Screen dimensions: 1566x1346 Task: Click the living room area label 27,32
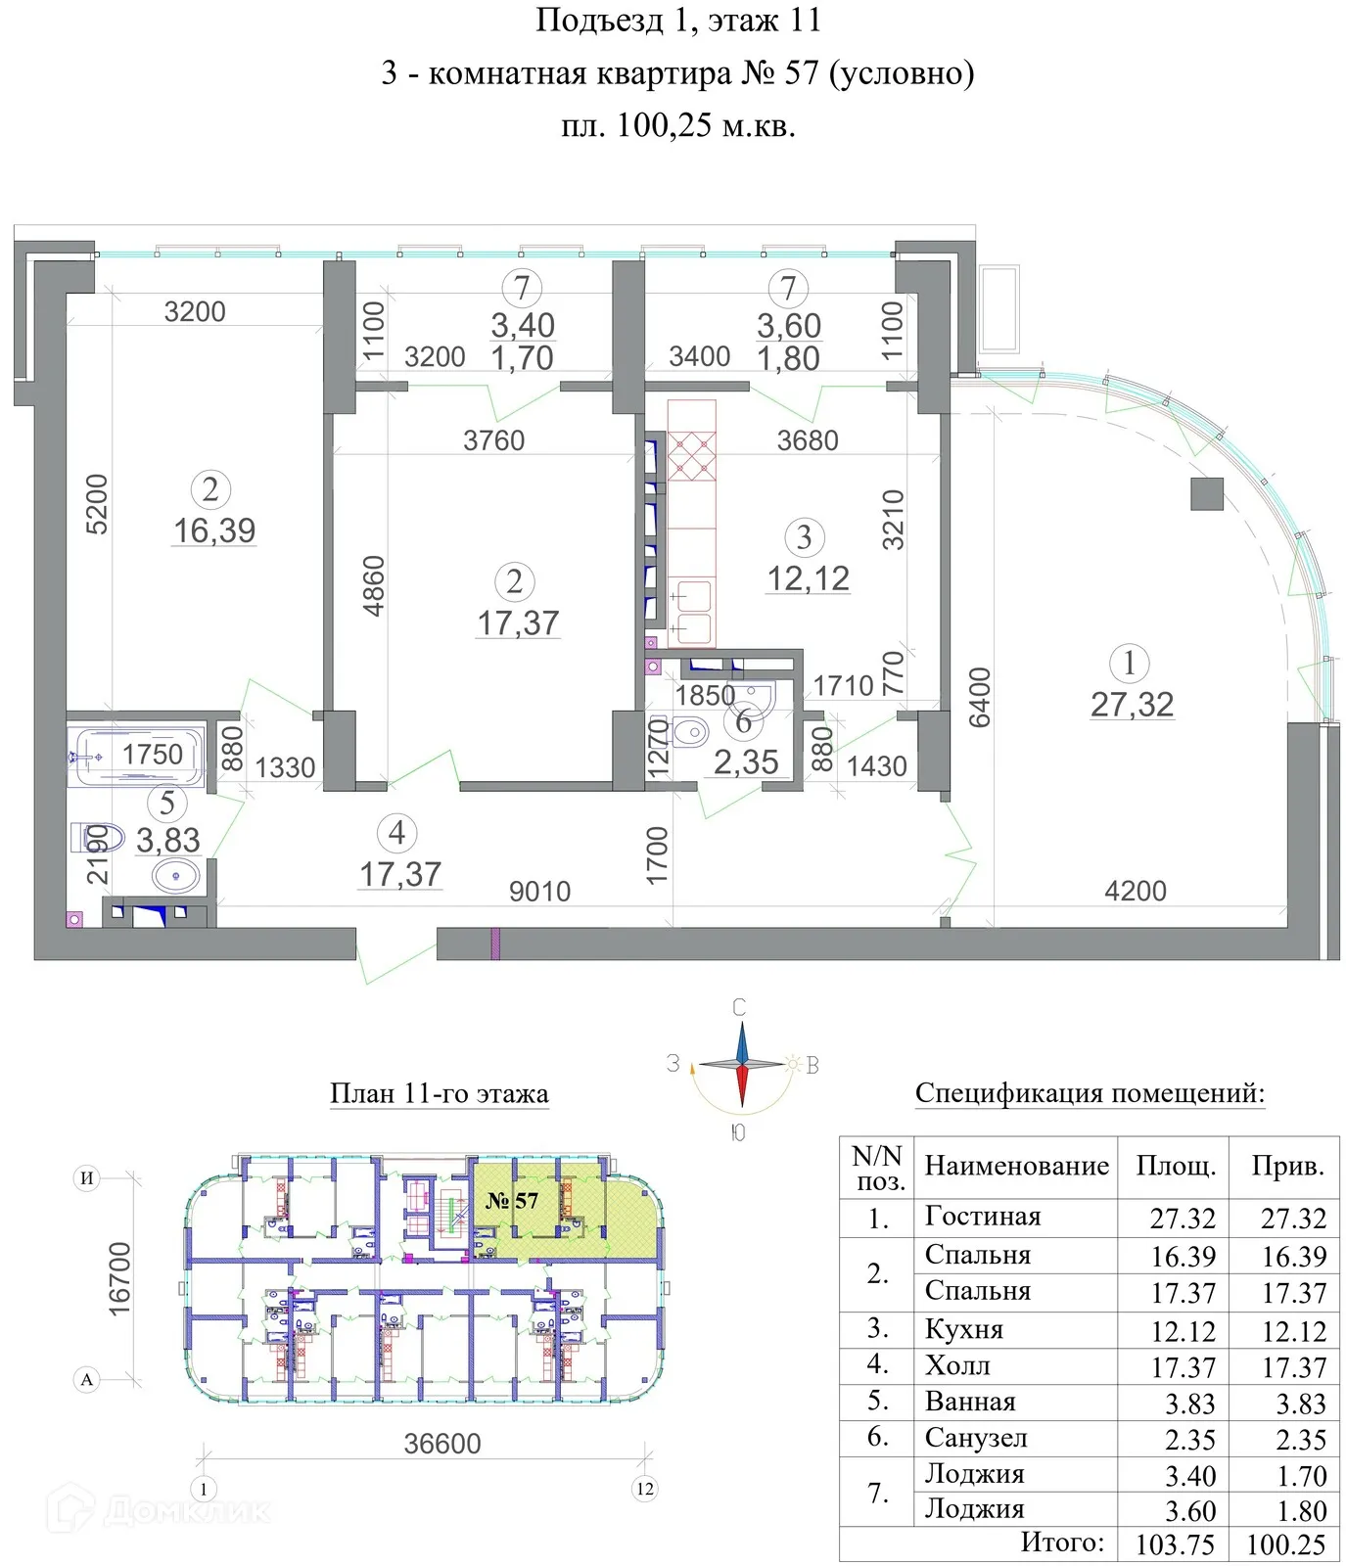1132,705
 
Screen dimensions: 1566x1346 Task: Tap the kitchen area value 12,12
808,578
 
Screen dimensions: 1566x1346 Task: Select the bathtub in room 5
136,756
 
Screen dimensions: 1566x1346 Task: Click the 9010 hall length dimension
539,892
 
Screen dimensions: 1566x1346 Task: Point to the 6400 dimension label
979,697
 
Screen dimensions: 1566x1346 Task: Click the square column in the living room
1206,493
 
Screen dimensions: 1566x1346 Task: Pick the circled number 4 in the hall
396,833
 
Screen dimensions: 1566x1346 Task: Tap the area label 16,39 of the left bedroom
214,530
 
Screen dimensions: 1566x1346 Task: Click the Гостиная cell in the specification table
982,1217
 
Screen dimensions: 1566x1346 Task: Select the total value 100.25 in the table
1285,1544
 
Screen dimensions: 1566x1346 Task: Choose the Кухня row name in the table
963,1329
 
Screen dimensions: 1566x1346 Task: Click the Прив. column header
1287,1166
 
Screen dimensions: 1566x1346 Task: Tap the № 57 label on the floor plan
512,1200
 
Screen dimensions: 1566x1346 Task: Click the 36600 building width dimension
442,1444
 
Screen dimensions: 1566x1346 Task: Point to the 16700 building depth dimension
118,1277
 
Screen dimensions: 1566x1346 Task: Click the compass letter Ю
739,1132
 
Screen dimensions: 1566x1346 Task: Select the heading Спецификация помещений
1090,1093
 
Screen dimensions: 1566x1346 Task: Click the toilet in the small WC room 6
690,730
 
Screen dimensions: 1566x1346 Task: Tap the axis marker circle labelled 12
644,1489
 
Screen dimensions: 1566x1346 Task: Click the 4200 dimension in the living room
1135,891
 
